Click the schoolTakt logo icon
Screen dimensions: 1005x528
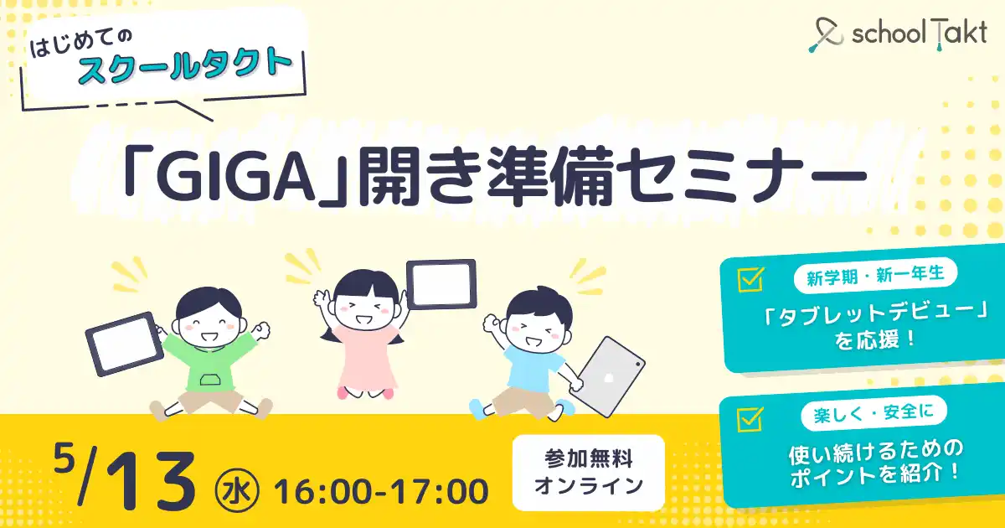(x=827, y=35)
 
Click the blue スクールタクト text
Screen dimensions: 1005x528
(x=185, y=67)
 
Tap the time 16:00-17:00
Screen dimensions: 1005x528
(x=381, y=492)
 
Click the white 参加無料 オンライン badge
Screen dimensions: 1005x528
(x=588, y=473)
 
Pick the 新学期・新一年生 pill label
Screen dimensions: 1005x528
(x=875, y=275)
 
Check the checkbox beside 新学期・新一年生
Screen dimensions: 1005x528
(x=750, y=279)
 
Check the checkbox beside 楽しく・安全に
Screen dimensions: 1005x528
(x=750, y=419)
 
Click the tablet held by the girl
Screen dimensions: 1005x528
(x=441, y=284)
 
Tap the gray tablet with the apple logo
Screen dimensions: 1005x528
(x=608, y=376)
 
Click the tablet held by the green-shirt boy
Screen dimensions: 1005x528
(x=124, y=344)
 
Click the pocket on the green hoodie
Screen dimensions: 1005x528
(x=211, y=380)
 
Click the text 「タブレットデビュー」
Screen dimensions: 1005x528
(x=875, y=318)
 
